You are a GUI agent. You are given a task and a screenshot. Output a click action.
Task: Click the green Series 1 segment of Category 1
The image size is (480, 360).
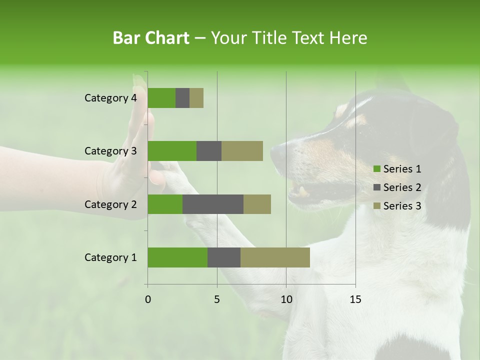(177, 257)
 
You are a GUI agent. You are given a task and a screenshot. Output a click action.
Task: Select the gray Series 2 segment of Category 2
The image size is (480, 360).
(213, 204)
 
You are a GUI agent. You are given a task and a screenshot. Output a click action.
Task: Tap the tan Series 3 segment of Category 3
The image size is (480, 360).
(242, 151)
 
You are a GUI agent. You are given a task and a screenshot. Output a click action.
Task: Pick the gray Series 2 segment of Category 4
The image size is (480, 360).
(182, 98)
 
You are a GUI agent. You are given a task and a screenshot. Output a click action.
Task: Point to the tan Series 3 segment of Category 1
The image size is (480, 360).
(275, 257)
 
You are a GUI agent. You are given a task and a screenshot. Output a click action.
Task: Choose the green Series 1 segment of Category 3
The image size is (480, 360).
(172, 151)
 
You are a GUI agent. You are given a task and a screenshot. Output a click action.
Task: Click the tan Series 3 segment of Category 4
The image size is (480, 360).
(196, 98)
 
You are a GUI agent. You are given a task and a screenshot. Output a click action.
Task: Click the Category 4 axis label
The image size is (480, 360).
(110, 98)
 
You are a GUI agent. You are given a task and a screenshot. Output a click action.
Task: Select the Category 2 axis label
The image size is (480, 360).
(110, 204)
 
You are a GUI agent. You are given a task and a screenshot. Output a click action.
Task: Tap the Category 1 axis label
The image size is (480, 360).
(110, 257)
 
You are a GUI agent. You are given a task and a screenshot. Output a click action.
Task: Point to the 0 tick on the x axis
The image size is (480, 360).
(148, 299)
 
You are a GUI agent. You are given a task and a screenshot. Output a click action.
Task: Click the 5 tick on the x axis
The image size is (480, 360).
(217, 299)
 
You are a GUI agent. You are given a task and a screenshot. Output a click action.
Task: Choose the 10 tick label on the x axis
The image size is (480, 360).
(286, 299)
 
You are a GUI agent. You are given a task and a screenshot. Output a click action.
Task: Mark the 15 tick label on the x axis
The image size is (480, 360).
(355, 299)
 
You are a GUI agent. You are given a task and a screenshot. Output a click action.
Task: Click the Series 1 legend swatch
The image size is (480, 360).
(376, 169)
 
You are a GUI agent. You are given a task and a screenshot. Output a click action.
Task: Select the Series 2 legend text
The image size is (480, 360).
(402, 187)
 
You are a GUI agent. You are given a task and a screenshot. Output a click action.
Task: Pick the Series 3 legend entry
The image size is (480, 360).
(397, 206)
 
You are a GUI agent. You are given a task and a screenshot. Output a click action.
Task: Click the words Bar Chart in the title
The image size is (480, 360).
(151, 37)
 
